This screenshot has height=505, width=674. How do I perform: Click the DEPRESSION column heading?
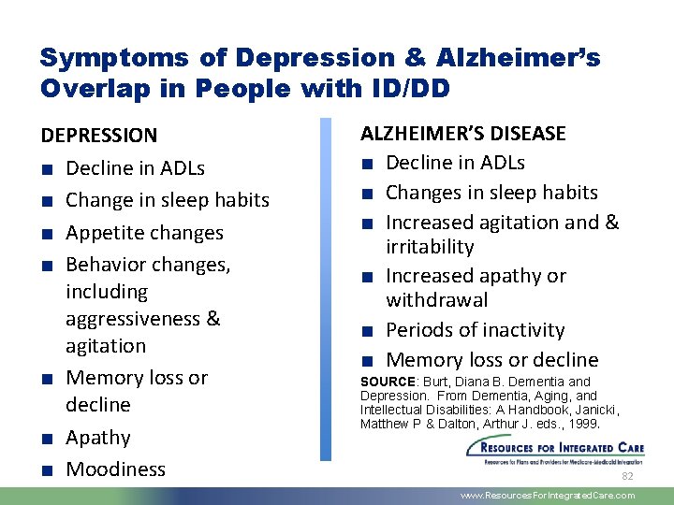pyautogui.click(x=99, y=136)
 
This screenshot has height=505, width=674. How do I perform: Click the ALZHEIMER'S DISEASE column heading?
pyautogui.click(x=463, y=134)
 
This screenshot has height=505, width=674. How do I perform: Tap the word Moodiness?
pyautogui.click(x=115, y=469)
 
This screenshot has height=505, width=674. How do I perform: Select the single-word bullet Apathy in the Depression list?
pyautogui.click(x=98, y=438)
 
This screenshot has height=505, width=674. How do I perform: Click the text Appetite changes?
pyautogui.click(x=144, y=233)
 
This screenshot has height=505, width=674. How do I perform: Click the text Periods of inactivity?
pyautogui.click(x=475, y=330)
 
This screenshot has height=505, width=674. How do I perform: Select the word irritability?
pyautogui.click(x=430, y=247)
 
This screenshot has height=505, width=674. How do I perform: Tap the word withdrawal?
pyautogui.click(x=436, y=300)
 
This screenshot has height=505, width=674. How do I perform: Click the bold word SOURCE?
pyautogui.click(x=388, y=382)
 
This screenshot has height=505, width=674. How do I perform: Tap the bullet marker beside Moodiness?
pyautogui.click(x=47, y=470)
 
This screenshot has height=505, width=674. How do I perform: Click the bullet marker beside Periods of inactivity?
pyautogui.click(x=368, y=331)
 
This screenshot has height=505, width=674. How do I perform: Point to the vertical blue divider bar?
pyautogui.click(x=326, y=289)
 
